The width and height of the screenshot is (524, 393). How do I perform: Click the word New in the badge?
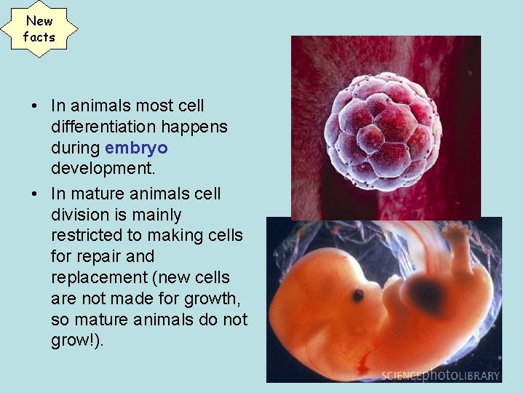click(39, 21)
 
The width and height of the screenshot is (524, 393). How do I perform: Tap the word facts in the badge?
click(39, 36)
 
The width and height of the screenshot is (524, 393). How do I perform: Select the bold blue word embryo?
click(136, 148)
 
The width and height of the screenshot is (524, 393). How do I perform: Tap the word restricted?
click(85, 236)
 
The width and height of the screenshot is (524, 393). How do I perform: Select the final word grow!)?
click(78, 341)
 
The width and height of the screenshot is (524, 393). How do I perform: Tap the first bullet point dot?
click(35, 106)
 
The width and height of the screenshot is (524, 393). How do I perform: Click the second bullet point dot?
click(35, 194)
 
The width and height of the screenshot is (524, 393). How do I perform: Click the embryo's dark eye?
click(358, 295)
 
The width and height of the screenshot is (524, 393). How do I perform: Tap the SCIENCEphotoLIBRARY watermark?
click(441, 375)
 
